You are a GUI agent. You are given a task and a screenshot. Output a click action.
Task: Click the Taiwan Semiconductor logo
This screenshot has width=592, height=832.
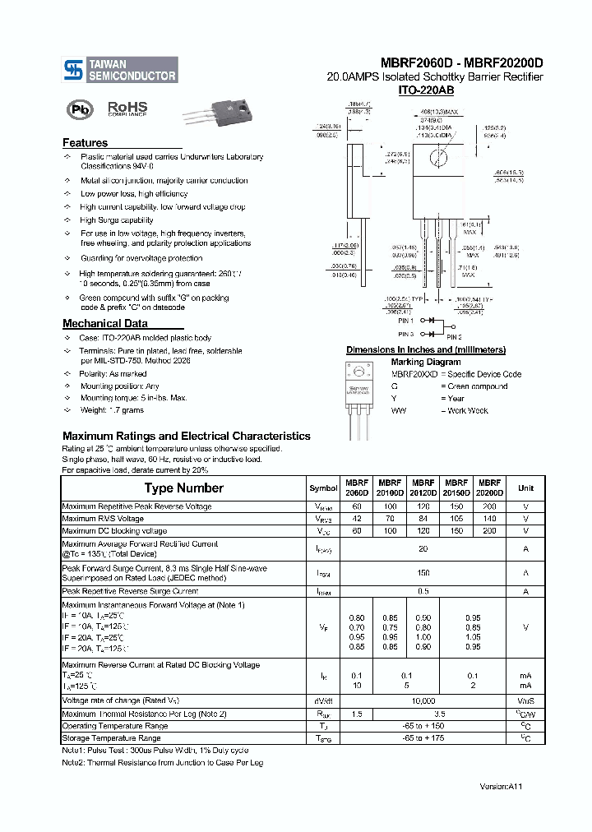[120, 70]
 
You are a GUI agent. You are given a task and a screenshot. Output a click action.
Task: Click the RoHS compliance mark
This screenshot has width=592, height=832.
[127, 109]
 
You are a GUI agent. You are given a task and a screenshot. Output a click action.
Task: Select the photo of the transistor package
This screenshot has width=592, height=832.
[220, 111]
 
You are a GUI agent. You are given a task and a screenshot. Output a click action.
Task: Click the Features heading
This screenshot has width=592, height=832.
[85, 143]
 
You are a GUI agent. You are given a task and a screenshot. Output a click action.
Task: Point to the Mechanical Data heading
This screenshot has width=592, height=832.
[105, 324]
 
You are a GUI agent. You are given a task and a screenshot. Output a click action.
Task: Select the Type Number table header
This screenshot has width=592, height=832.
[183, 488]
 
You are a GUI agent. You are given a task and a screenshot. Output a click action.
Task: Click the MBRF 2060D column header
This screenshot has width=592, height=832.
[356, 488]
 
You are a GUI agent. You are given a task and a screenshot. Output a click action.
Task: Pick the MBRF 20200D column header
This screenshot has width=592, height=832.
[489, 488]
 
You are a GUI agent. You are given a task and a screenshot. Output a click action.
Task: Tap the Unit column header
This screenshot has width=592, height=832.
[525, 488]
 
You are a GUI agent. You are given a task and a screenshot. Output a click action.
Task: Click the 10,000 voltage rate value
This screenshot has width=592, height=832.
[423, 700]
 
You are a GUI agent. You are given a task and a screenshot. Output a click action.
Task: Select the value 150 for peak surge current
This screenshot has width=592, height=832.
[423, 573]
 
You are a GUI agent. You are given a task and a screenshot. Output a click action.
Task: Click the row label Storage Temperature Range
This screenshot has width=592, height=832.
[115, 738]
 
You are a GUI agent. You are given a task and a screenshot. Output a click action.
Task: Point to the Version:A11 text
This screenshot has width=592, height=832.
[501, 787]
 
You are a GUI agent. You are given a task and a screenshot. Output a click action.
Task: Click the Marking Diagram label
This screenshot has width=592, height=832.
[425, 362]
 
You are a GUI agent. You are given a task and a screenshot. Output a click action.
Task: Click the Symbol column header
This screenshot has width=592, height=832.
[323, 488]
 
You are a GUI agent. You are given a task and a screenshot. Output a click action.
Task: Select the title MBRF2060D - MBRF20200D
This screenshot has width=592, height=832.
[461, 63]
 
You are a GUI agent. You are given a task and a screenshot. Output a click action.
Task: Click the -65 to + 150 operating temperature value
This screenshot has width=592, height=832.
[423, 726]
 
